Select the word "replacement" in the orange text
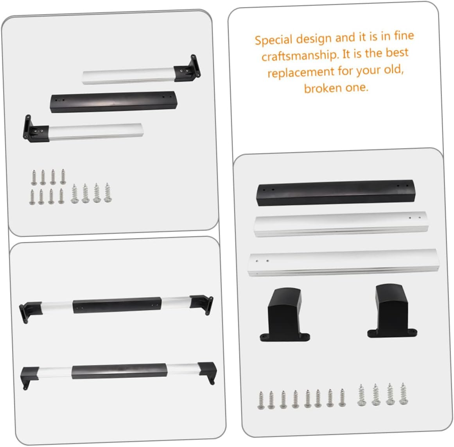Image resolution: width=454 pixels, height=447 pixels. point(301,72)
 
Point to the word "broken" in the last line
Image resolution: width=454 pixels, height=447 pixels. point(323,88)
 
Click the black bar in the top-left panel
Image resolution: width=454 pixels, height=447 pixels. point(113,101)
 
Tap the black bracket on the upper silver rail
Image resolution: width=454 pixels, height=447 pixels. point(188,69)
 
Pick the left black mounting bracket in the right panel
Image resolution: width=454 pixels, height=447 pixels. point(285,315)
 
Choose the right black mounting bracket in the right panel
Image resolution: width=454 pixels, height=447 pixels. point(391,311)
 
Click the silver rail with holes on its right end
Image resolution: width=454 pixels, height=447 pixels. point(341,224)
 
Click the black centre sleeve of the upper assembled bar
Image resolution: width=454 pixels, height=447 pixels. point(117,305)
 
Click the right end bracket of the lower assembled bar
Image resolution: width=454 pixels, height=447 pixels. point(208,371)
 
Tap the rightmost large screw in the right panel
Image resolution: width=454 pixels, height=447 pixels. point(403,394)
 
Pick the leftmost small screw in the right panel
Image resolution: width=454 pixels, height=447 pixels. point(261,400)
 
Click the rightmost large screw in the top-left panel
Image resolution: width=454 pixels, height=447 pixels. point(108,193)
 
